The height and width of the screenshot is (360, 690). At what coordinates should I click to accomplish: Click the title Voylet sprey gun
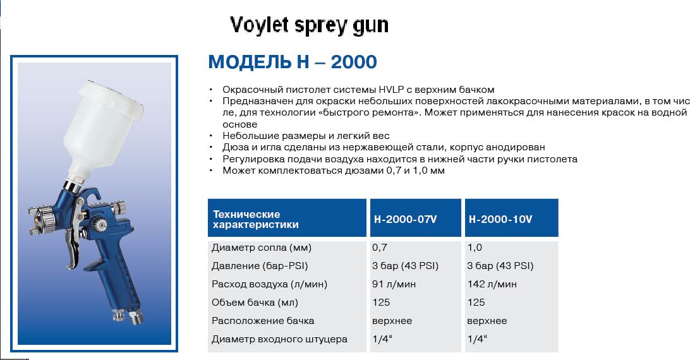(x=309, y=25)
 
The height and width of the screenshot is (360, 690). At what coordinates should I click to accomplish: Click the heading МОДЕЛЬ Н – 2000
(x=293, y=62)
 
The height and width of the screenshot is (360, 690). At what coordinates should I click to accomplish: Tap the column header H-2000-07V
(x=405, y=219)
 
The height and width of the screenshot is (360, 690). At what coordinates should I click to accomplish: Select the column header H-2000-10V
(x=500, y=219)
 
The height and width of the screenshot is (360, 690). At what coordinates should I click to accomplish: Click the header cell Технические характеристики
(x=256, y=219)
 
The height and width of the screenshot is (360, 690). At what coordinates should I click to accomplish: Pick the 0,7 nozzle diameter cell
(x=380, y=248)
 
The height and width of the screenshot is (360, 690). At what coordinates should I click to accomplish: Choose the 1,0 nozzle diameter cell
(x=475, y=248)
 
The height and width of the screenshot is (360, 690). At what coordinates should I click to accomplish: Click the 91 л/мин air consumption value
(x=394, y=284)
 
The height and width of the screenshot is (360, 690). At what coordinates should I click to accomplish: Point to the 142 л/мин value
(x=492, y=284)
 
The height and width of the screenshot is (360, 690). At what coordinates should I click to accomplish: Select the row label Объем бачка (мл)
(x=255, y=303)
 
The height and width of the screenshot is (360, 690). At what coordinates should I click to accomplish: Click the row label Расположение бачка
(x=263, y=321)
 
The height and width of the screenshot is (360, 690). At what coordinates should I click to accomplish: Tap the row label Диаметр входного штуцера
(x=279, y=339)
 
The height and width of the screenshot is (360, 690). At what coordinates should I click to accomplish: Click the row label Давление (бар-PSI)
(x=260, y=266)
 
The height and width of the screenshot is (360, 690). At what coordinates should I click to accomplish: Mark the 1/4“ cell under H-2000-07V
(x=382, y=339)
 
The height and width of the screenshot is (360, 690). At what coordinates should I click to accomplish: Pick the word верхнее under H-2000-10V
(x=487, y=321)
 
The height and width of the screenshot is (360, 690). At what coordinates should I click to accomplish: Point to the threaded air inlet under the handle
(x=135, y=318)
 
